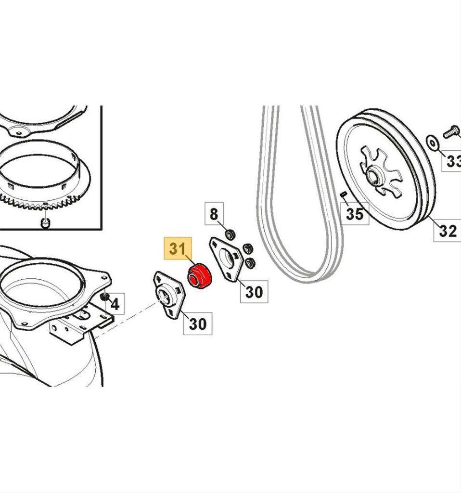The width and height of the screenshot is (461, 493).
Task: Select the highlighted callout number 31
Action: coord(178,249)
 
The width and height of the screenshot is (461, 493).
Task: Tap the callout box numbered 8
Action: coord(214,213)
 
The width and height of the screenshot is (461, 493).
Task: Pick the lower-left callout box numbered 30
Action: coord(197,324)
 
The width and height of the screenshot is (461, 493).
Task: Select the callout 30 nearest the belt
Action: coord(254,292)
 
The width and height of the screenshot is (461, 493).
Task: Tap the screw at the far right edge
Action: coord(452,131)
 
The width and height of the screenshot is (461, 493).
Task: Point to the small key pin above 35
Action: coord(344,195)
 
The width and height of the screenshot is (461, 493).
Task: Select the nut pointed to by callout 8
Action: coord(230,234)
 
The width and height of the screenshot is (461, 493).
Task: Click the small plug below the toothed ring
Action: coord(45,222)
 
